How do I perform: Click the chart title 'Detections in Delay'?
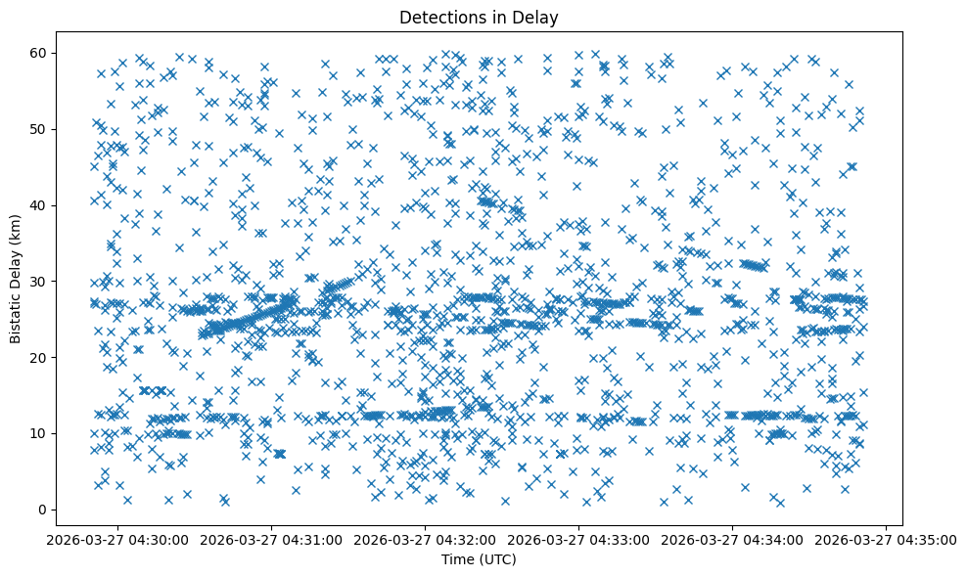click(480, 17)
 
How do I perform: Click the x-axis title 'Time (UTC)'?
click(480, 560)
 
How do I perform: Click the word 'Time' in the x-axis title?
click(458, 560)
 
